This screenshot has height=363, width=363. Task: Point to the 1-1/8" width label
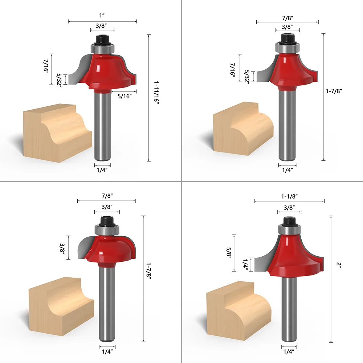tap(289, 196)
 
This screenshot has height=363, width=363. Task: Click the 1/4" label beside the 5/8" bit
tap(246, 264)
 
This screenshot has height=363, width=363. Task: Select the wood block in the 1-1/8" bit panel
tap(238, 310)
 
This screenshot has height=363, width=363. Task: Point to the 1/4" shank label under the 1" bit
tap(103, 169)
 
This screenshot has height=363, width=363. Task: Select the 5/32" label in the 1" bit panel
tap(60, 79)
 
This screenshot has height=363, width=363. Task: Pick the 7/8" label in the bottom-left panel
tap(107, 196)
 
